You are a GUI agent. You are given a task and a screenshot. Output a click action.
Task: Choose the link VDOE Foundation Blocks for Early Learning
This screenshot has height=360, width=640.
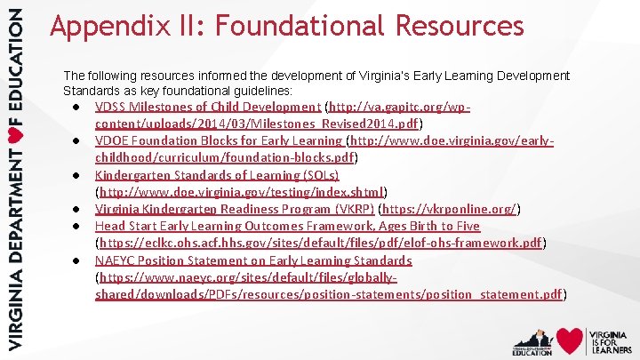[218, 140]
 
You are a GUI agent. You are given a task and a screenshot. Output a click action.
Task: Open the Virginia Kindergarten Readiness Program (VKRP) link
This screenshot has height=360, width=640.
[235, 210]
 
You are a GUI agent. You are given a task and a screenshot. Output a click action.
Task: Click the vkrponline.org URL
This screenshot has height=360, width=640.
[450, 210]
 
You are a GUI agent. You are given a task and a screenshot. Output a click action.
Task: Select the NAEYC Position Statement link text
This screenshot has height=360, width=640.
[253, 260]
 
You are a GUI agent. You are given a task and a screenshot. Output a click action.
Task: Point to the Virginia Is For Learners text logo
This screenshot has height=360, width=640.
[611, 340]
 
